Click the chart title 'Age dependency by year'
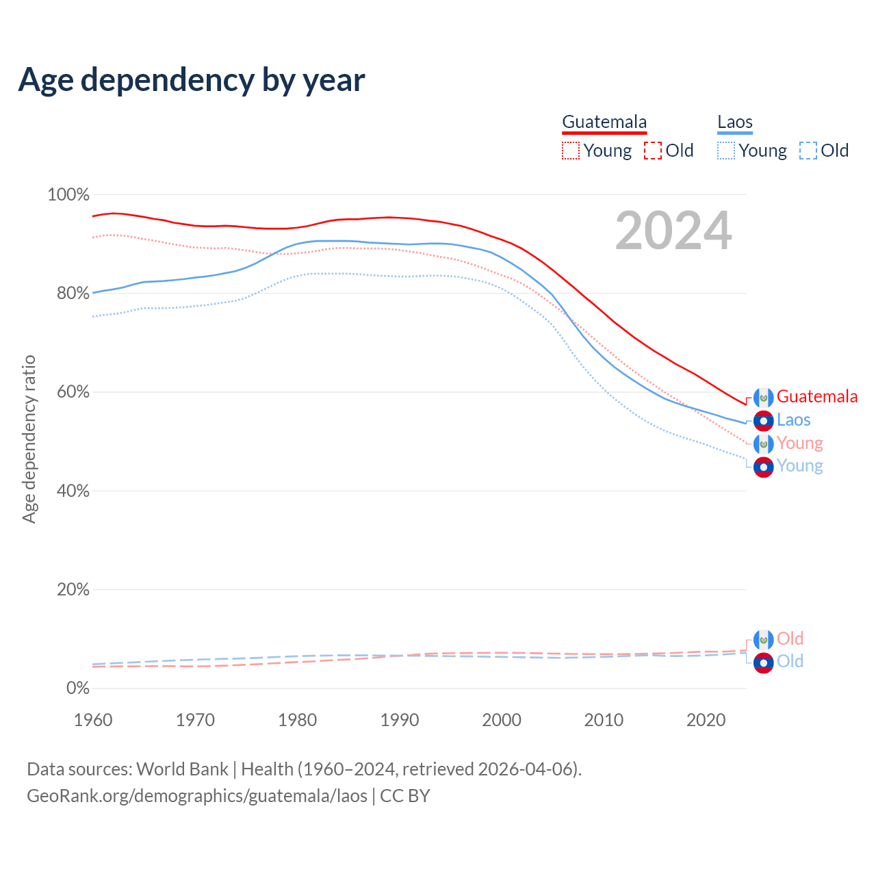click(192, 80)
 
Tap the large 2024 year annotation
click(673, 231)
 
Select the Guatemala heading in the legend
click(604, 122)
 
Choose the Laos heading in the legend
click(735, 122)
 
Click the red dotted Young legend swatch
click(571, 151)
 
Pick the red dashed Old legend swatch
click(653, 151)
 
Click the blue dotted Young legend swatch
click(726, 151)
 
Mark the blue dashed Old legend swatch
click(808, 151)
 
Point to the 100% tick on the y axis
click(68, 195)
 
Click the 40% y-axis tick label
click(73, 491)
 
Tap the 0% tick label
click(78, 688)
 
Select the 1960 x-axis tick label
click(93, 720)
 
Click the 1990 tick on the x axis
click(400, 720)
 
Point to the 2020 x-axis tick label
click(706, 720)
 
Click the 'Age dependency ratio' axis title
click(29, 439)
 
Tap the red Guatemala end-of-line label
click(817, 397)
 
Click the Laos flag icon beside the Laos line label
click(763, 421)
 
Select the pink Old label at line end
click(790, 639)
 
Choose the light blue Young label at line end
click(799, 466)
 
